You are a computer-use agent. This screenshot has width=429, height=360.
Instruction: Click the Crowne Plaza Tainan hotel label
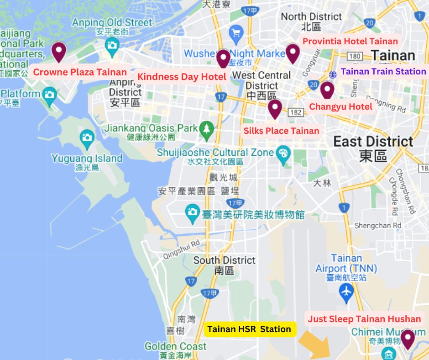point(80,72)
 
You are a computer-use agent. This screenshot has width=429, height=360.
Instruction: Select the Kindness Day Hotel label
point(182,76)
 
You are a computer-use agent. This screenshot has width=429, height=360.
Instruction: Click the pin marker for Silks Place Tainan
point(274,108)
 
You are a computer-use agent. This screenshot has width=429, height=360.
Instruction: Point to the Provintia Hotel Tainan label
point(350,41)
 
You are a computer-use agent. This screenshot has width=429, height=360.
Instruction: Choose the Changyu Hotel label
point(341,107)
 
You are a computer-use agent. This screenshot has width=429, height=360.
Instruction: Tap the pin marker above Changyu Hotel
point(327,90)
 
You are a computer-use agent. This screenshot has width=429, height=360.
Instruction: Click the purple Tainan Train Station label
point(383,71)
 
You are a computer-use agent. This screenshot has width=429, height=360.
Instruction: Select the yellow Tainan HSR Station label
point(249,329)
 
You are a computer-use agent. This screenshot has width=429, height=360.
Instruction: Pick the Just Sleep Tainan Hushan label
point(364,319)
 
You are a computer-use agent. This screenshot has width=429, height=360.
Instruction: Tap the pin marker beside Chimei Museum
point(407,339)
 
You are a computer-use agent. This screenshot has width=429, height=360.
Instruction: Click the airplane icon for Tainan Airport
point(347,290)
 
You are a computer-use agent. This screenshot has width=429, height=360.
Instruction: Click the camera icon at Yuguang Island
point(87,137)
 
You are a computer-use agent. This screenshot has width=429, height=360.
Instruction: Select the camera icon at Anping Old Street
point(112,45)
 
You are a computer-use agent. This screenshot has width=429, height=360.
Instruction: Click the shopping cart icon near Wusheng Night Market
point(236,32)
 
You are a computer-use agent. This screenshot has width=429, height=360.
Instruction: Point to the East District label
point(373,141)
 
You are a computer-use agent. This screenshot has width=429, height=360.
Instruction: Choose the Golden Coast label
point(176,346)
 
